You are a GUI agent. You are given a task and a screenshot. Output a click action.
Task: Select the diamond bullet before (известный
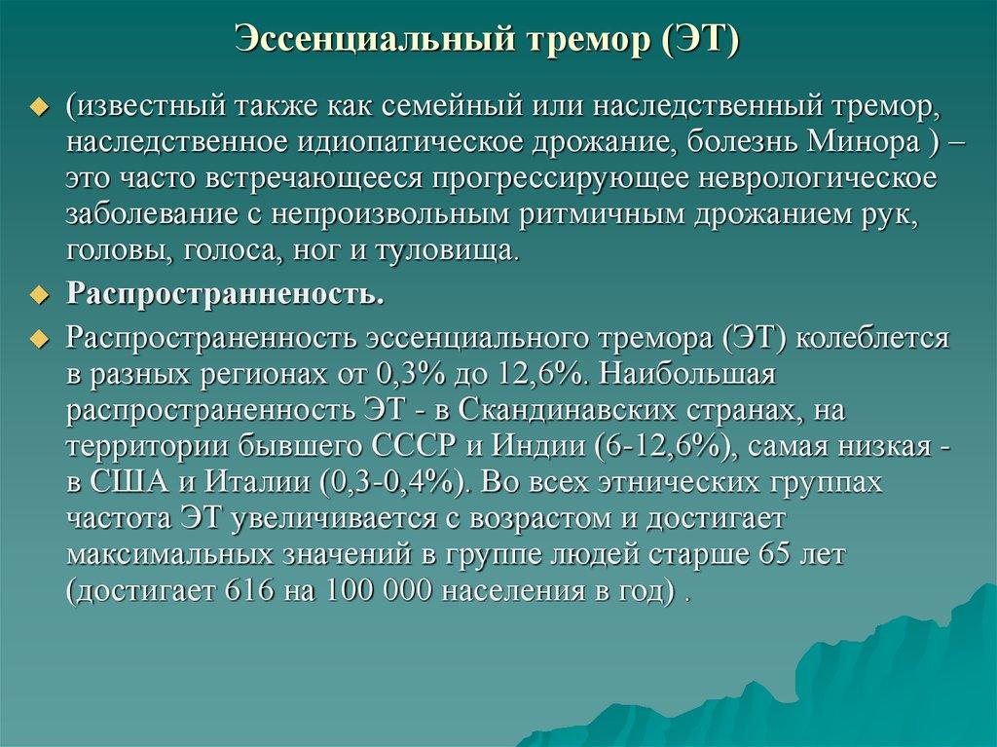pyautogui.click(x=39, y=105)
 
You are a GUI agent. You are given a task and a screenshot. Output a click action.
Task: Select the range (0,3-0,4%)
pyautogui.click(x=395, y=484)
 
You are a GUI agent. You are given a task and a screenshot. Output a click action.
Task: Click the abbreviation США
pyautogui.click(x=133, y=484)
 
